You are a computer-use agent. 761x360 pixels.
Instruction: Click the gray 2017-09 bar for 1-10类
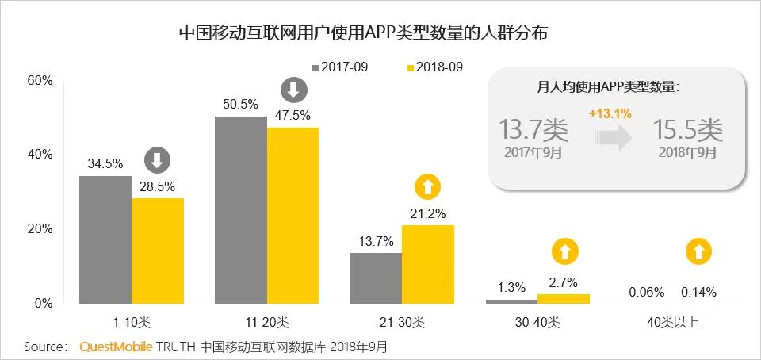(105, 239)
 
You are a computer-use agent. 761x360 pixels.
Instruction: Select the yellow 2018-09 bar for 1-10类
(158, 251)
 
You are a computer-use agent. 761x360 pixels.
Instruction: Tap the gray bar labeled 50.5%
(241, 210)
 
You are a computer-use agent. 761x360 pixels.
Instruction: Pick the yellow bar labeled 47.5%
(293, 216)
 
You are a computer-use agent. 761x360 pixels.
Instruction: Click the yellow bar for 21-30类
(428, 264)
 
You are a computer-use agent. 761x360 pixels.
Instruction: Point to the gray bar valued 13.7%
(376, 278)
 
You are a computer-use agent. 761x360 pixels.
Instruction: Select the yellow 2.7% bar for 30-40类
(564, 298)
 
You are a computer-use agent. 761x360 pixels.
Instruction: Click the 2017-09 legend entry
(339, 67)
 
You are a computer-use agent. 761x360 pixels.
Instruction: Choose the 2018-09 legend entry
(434, 67)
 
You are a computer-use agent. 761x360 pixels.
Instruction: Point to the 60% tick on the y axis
(40, 81)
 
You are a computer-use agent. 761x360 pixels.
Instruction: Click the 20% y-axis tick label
(40, 229)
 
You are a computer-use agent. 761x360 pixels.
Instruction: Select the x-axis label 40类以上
(672, 323)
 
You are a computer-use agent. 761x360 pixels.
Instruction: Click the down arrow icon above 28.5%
(157, 161)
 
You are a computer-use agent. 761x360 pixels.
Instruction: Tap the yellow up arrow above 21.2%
(428, 187)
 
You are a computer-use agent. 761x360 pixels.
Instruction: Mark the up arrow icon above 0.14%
(698, 252)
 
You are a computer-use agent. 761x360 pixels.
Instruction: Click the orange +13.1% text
(610, 113)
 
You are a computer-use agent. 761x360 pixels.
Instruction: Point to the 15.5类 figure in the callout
(687, 129)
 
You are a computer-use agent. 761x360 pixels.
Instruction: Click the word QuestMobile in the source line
(117, 347)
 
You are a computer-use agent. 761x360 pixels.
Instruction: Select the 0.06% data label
(646, 292)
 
